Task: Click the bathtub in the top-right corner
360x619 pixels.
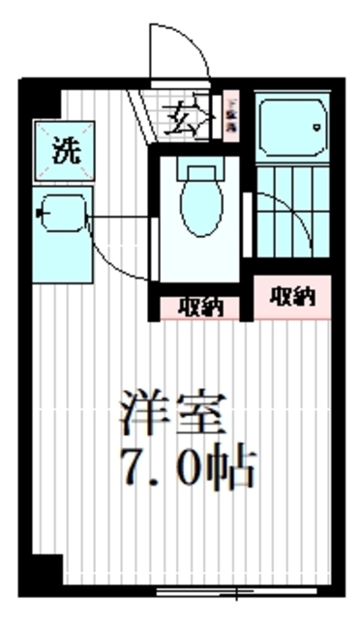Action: tap(293, 125)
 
